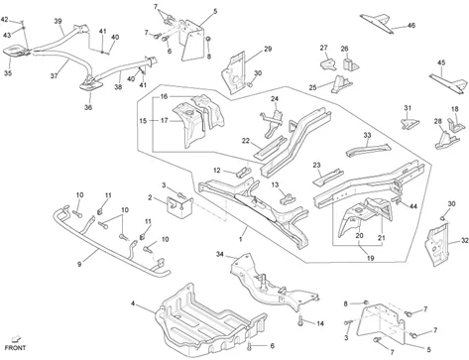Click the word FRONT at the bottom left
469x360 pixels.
15,348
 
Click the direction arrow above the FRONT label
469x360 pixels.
16,339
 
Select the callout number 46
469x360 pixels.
411,25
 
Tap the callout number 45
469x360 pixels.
441,62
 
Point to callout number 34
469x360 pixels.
220,254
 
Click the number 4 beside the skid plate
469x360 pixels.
133,303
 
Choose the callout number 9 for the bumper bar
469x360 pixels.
79,264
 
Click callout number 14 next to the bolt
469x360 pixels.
320,323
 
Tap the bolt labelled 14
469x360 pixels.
300,320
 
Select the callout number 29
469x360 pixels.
268,49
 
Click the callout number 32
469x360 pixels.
464,241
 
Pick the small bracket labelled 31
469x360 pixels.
410,123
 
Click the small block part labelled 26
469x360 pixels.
350,64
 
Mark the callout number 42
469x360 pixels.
5,20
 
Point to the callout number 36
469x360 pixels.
88,107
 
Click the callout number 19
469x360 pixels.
371,258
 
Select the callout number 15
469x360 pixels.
143,121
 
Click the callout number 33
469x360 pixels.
367,135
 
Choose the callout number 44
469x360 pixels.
413,206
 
